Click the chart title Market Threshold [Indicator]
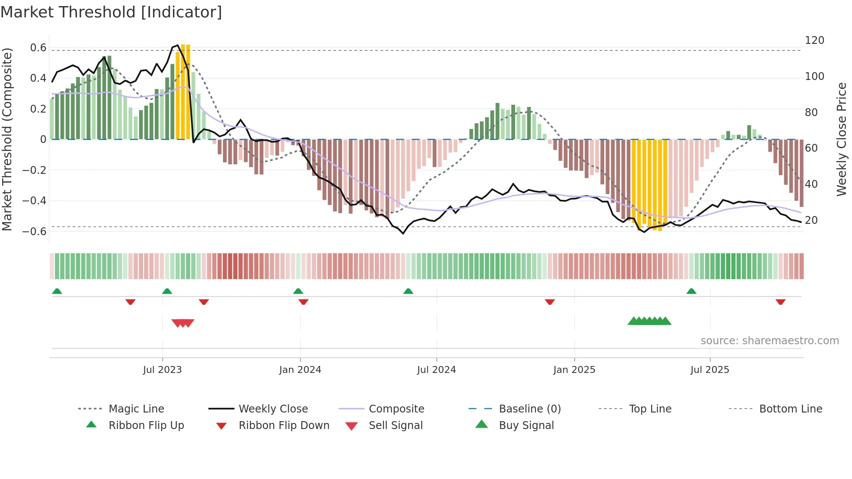pyautogui.click(x=111, y=12)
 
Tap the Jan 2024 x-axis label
pyautogui.click(x=300, y=369)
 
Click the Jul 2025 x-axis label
pyautogui.click(x=709, y=369)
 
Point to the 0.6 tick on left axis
pyautogui.click(x=38, y=47)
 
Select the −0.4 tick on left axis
pyautogui.click(x=34, y=200)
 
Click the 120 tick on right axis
pyautogui.click(x=814, y=40)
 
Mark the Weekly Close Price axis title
pyautogui.click(x=842, y=139)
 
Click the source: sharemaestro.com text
pyautogui.click(x=769, y=340)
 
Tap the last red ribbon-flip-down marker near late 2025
pyautogui.click(x=780, y=302)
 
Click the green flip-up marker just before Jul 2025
pyautogui.click(x=691, y=291)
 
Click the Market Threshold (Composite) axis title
pyautogui.click(x=7, y=139)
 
